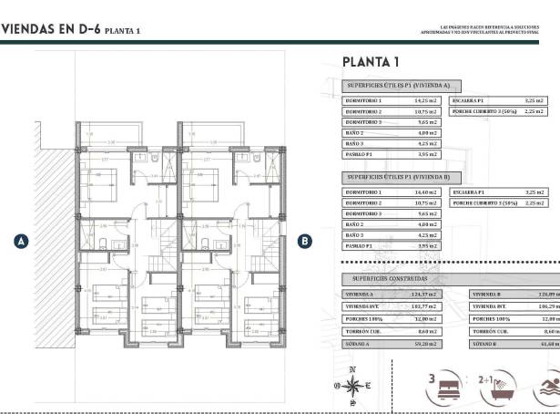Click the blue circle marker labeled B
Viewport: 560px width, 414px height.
pyautogui.click(x=306, y=241)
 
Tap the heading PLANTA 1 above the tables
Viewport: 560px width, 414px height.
pyautogui.click(x=371, y=62)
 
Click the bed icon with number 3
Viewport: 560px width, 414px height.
pyautogui.click(x=442, y=387)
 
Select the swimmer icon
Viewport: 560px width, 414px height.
pyautogui.click(x=549, y=387)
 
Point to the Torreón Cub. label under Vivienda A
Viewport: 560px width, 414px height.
pyautogui.click(x=361, y=332)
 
